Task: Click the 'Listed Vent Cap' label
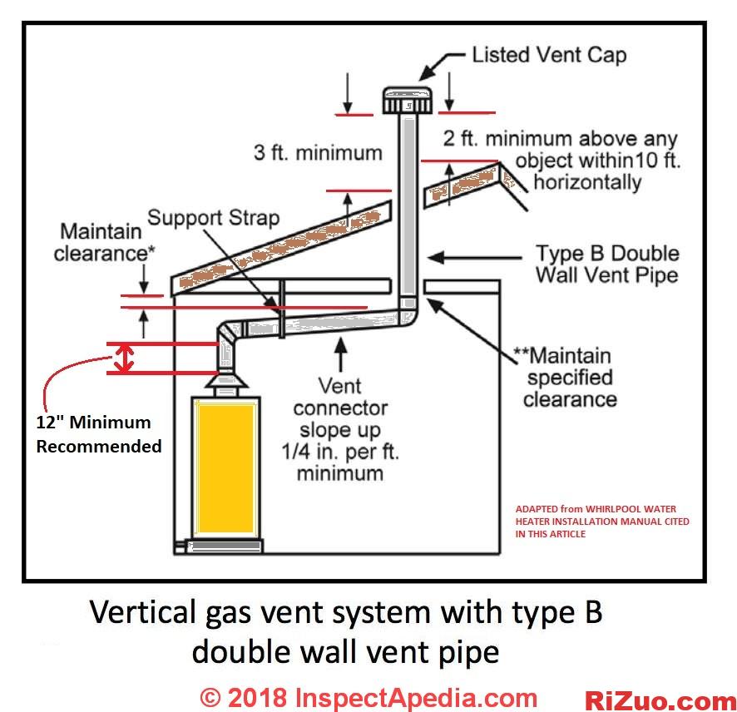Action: coord(549,56)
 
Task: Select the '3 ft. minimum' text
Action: coord(319,153)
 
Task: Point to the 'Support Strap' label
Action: coord(214,218)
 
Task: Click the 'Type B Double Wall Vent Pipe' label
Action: coord(607,264)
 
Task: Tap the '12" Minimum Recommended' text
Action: coord(99,434)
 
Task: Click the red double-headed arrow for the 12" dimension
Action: coord(124,358)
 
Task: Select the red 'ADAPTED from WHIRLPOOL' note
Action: coord(602,522)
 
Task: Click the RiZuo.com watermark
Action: coord(660,700)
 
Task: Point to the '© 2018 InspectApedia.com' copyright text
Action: coord(369,697)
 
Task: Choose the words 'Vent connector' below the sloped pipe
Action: coord(339,397)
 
